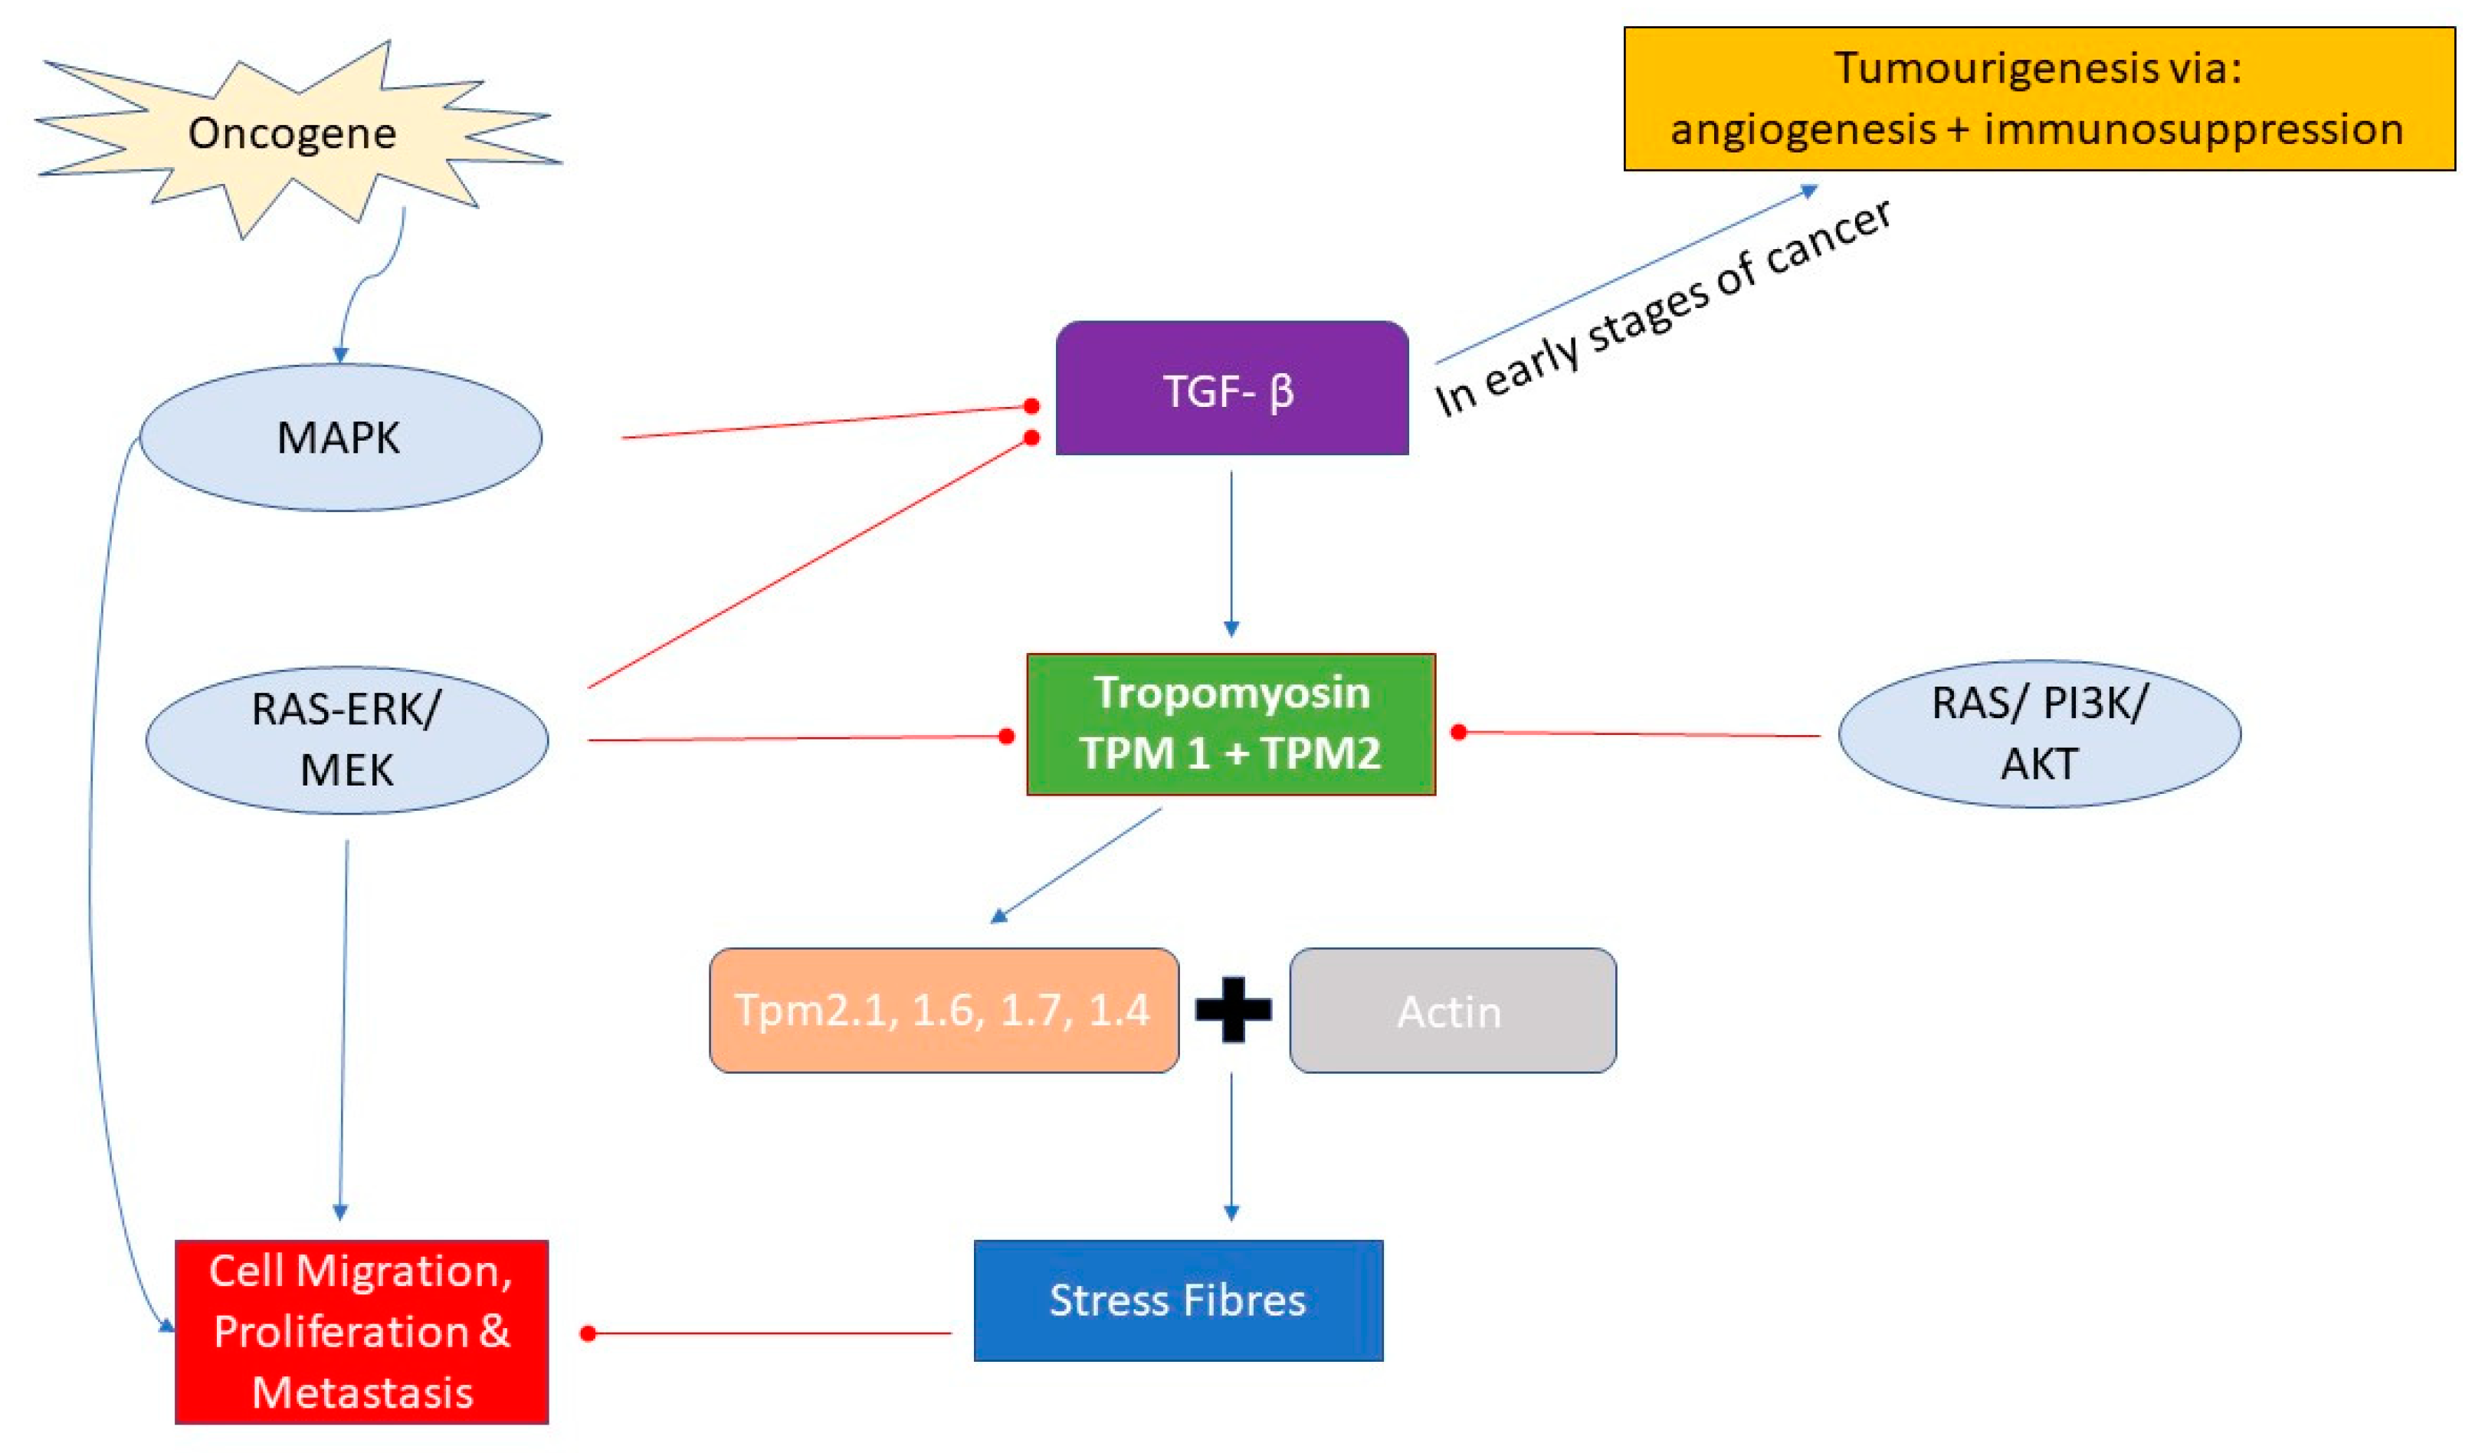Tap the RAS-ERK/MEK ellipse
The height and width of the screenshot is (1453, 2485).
click(x=346, y=739)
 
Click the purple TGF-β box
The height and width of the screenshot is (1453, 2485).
click(x=1231, y=389)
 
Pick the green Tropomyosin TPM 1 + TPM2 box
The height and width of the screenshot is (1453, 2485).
click(x=1231, y=724)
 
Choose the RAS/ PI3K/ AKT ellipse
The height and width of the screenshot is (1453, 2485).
click(x=2039, y=734)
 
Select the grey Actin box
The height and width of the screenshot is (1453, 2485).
click(x=1451, y=1011)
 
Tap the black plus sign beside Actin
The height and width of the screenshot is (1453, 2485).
click(x=1233, y=1010)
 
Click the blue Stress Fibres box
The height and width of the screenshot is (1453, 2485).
click(x=1178, y=1300)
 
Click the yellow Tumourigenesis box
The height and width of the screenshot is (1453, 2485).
click(x=2038, y=99)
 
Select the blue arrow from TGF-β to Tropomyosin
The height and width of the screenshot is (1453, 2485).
click(x=1231, y=553)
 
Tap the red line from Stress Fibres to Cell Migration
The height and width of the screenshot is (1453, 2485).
click(x=769, y=1333)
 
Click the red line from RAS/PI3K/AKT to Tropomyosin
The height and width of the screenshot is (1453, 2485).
click(x=1637, y=734)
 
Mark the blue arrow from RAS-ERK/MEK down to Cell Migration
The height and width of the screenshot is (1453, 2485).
click(x=343, y=1026)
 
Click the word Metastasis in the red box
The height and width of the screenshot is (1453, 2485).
click(x=362, y=1392)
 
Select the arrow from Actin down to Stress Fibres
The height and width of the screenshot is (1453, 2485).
click(x=1231, y=1144)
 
